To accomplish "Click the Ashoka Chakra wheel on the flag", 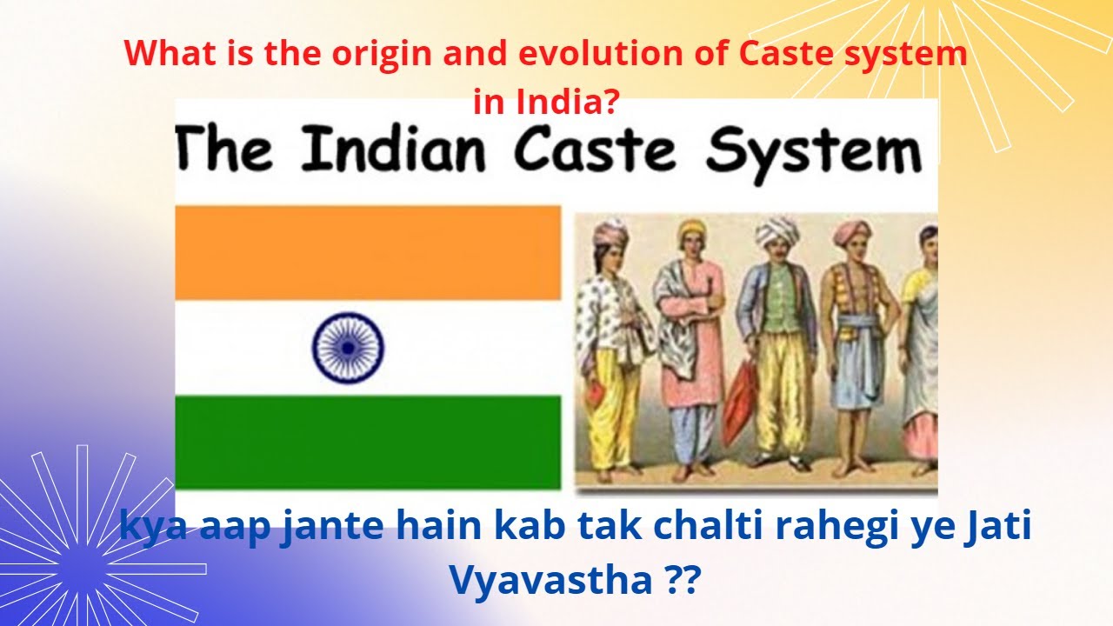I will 348,348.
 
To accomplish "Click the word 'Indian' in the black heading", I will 394,150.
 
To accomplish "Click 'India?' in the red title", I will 546,103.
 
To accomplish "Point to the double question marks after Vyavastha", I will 676,580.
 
